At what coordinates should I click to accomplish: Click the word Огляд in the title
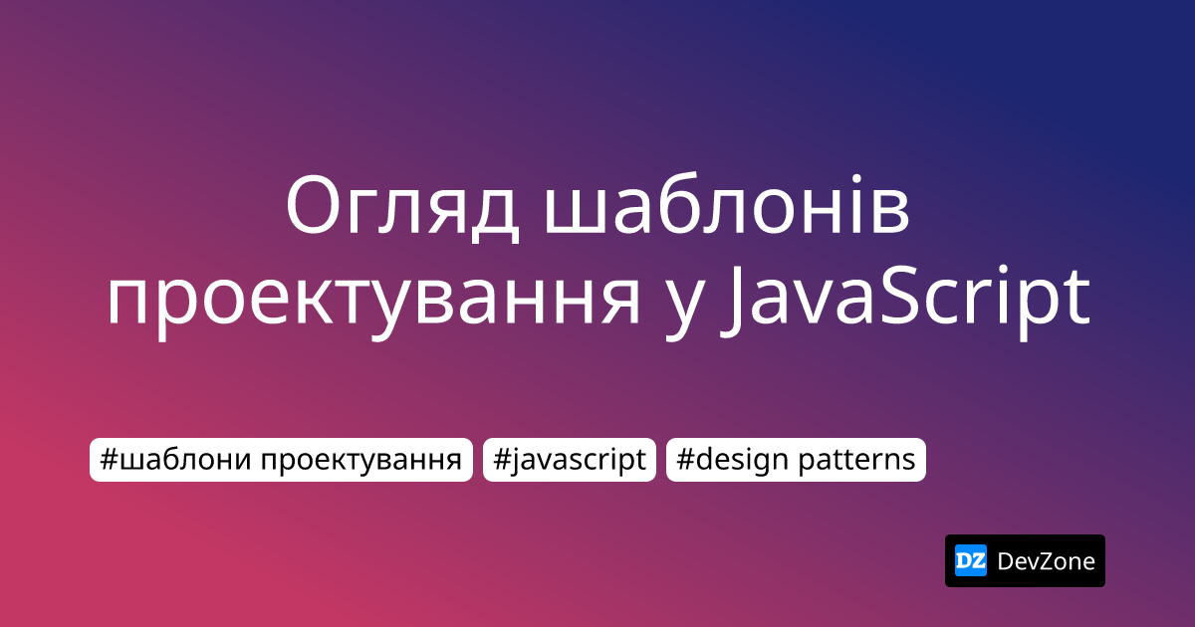pyautogui.click(x=402, y=208)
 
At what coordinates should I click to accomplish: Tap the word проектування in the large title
pyautogui.click(x=373, y=300)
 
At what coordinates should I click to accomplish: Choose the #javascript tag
pyautogui.click(x=570, y=460)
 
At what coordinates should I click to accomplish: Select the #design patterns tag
pyautogui.click(x=796, y=460)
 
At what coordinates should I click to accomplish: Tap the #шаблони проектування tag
pyautogui.click(x=281, y=460)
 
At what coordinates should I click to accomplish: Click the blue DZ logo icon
pyautogui.click(x=970, y=561)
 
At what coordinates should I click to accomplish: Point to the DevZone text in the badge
pyautogui.click(x=1046, y=561)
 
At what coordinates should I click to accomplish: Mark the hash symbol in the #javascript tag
pyautogui.click(x=502, y=459)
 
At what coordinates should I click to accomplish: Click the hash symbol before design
pyautogui.click(x=685, y=459)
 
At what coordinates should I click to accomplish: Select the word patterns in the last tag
pyautogui.click(x=856, y=461)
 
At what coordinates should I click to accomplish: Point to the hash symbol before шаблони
pyautogui.click(x=109, y=459)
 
